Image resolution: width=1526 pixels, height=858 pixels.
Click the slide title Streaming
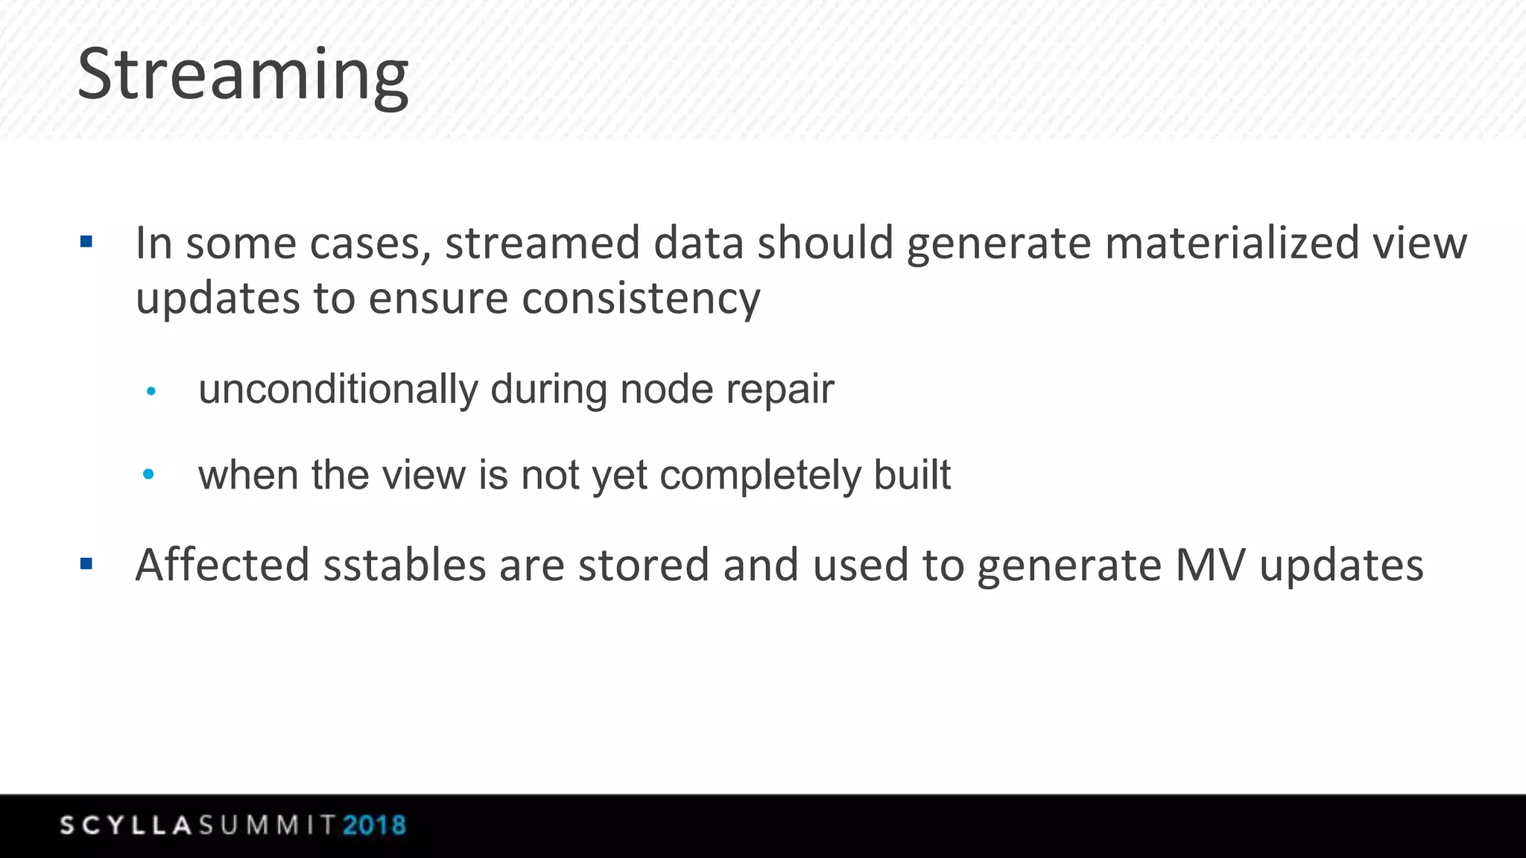[x=243, y=74]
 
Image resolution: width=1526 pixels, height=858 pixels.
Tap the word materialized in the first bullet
[x=1232, y=244]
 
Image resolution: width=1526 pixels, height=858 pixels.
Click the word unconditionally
[x=338, y=390]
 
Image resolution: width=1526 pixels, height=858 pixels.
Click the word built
[x=912, y=474]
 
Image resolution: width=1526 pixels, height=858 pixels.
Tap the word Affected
[x=222, y=565]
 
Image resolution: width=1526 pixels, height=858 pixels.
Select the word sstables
[x=405, y=565]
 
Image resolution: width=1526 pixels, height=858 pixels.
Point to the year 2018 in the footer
[x=374, y=825]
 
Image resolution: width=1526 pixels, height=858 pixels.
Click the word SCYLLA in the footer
[x=126, y=825]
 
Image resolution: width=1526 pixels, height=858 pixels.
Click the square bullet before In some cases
[x=86, y=241]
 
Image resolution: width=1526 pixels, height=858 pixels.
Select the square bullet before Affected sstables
[x=86, y=564]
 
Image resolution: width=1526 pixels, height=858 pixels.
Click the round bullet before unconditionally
[x=151, y=391]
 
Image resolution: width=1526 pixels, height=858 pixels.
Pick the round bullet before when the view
[x=148, y=474]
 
